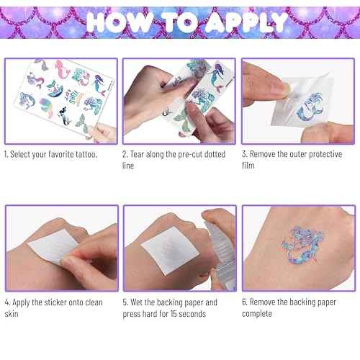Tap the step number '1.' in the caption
[x=7, y=154]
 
